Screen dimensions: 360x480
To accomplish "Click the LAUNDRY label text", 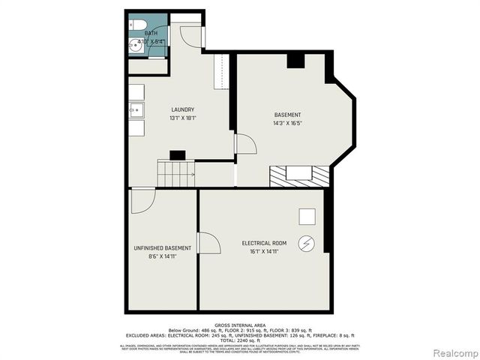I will coord(182,109).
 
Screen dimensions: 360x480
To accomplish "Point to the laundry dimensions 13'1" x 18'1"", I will coord(182,118).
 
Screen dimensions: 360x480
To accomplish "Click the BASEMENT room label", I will coord(287,115).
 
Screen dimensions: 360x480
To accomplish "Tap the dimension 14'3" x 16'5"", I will coord(287,123).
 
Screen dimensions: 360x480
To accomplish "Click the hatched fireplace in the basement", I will coord(298,176).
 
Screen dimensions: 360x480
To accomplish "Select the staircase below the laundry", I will coord(175,174).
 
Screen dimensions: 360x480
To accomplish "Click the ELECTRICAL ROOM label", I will coord(263,244).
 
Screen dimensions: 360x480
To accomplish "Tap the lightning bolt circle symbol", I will coord(306,244).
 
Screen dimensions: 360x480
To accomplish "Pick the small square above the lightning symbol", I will coord(307,216).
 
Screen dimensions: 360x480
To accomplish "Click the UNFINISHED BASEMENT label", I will coord(162,248).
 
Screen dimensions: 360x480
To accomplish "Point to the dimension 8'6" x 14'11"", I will coord(162,257).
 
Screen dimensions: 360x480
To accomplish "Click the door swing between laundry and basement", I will coord(245,144).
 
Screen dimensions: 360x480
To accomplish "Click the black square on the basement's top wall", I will coord(295,61).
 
